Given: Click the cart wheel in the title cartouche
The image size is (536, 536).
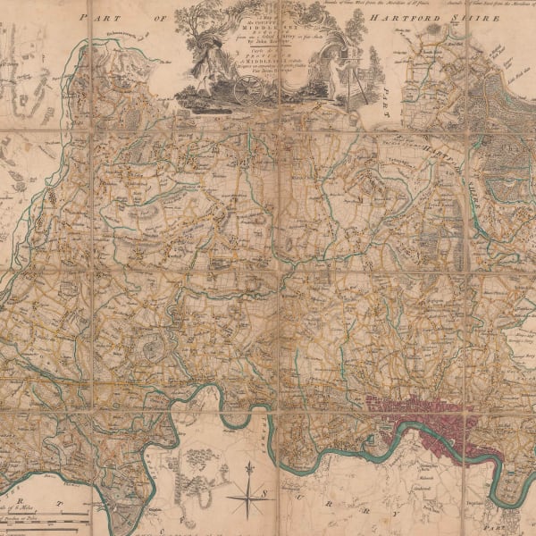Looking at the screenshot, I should point(251,88).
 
